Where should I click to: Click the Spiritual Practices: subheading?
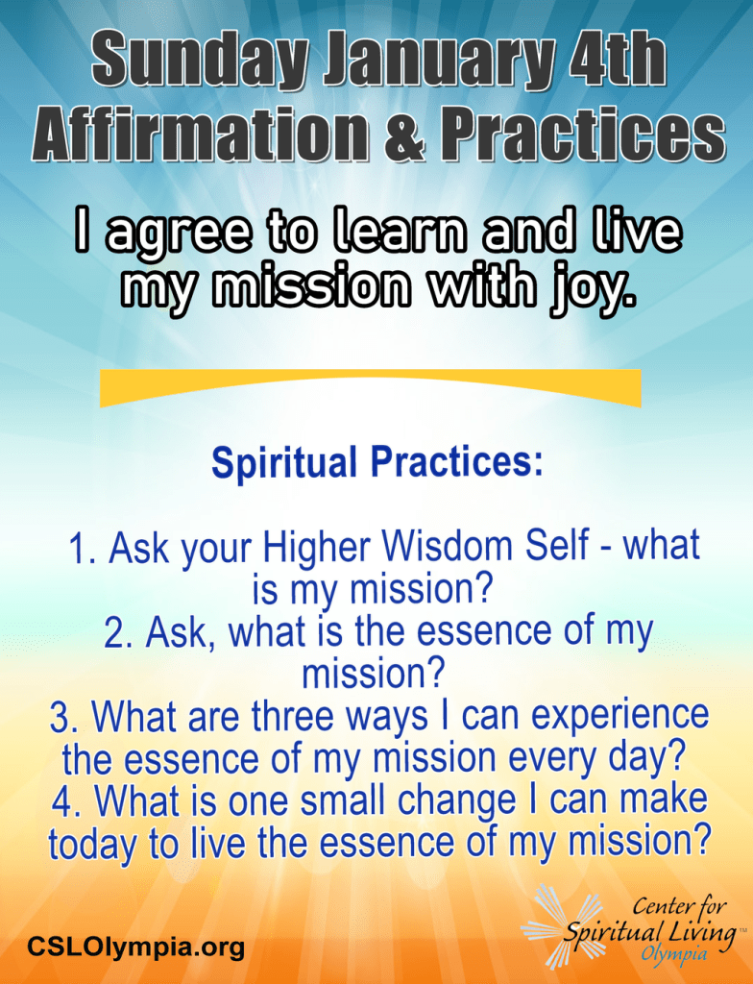pyautogui.click(x=377, y=462)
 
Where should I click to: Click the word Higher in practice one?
pyautogui.click(x=318, y=548)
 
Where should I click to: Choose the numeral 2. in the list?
pyautogui.click(x=120, y=634)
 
